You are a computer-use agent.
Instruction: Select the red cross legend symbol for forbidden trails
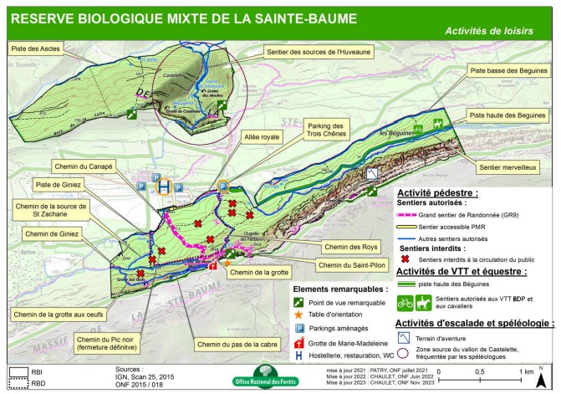408,259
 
